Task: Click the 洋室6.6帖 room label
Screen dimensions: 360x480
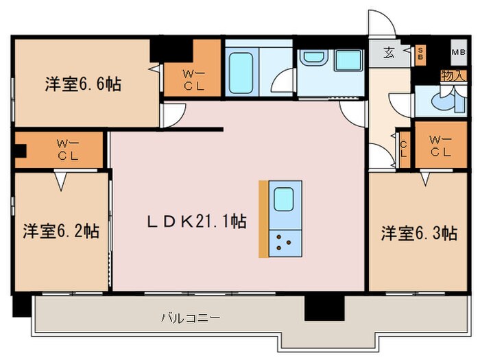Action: pyautogui.click(x=84, y=84)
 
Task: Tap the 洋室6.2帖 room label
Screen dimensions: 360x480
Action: pyautogui.click(x=62, y=230)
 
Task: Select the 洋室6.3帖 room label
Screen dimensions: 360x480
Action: pyautogui.click(x=419, y=234)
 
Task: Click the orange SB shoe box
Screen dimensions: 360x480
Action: pyautogui.click(x=421, y=53)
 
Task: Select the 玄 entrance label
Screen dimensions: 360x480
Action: pyautogui.click(x=389, y=53)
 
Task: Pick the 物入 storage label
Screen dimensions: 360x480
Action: pyautogui.click(x=453, y=75)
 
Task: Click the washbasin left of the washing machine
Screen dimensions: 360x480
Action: pyautogui.click(x=313, y=59)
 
